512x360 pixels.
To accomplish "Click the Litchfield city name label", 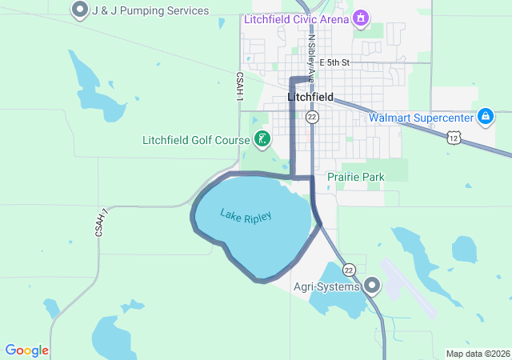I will [x=310, y=97].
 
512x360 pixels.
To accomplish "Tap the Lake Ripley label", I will [x=246, y=217].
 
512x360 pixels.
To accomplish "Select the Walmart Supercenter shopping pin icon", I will [x=485, y=118].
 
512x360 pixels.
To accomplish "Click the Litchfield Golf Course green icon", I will [x=262, y=140].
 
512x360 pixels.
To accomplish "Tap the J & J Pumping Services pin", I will [x=80, y=10].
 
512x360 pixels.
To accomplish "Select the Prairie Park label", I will [x=356, y=177].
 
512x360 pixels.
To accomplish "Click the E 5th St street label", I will [x=334, y=62].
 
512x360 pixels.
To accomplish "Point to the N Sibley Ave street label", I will [x=310, y=53].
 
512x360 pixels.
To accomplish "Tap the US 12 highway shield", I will [x=454, y=138].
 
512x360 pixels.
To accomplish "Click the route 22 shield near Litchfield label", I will [x=312, y=118].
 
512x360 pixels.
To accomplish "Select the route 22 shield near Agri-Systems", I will [x=350, y=269].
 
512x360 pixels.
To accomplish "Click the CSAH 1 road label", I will [x=239, y=86].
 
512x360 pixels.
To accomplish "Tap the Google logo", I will [x=26, y=350].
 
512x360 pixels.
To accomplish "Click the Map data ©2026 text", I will [x=478, y=354].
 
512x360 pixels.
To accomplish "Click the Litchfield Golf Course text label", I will [x=196, y=140].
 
